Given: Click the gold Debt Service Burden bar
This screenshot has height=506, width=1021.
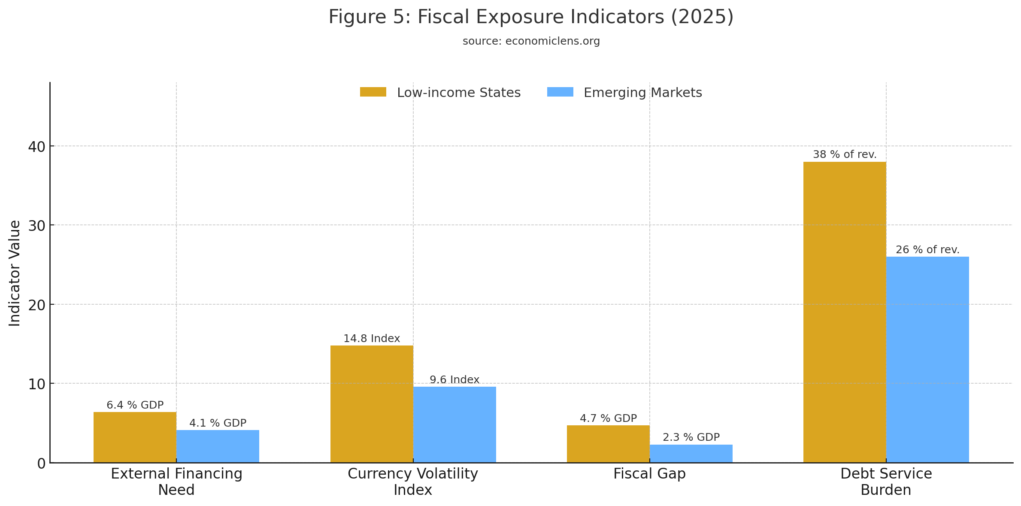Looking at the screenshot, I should [844, 312].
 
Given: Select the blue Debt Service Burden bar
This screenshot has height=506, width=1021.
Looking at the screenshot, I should [927, 359].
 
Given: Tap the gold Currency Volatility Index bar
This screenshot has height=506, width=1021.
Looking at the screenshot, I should [372, 403].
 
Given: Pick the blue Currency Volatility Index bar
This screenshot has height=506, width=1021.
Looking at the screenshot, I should [454, 424].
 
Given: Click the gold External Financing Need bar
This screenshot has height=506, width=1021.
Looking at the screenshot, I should [135, 437].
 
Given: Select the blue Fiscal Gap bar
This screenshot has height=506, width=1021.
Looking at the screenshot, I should [691, 453].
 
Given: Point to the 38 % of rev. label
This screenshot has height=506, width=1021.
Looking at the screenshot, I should [845, 155].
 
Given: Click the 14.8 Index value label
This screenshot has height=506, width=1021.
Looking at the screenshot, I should [372, 339].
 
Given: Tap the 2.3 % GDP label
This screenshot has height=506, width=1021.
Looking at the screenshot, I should [691, 437].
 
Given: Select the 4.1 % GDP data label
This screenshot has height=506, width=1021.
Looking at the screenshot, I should [218, 423].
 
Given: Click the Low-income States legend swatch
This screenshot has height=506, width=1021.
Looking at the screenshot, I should [373, 92].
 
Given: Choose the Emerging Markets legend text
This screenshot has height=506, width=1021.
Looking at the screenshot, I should [642, 93].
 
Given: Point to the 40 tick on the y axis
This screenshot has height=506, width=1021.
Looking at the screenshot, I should [36, 147].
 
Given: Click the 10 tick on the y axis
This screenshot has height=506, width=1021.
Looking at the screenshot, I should [36, 384].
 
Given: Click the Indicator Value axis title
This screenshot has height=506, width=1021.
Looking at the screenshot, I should [15, 273].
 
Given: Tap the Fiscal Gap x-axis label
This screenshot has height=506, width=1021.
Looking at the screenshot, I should [649, 474].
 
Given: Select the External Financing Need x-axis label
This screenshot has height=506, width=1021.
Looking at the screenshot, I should [176, 482].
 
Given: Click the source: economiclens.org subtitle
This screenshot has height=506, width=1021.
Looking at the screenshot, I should [531, 41].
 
